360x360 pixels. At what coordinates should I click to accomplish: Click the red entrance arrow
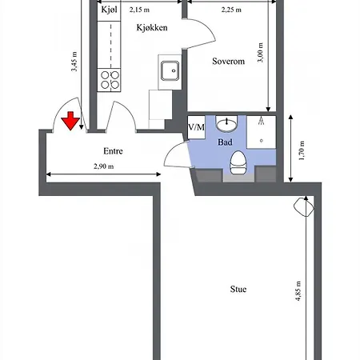[x=70, y=121]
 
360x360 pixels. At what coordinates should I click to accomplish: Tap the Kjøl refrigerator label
[x=109, y=10]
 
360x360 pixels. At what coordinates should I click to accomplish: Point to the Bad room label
[x=226, y=142]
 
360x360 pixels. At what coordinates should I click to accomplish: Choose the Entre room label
[x=113, y=150]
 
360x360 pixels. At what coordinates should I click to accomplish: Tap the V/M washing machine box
[x=196, y=127]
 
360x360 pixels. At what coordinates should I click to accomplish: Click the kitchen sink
[x=170, y=73]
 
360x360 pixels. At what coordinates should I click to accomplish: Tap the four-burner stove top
[x=110, y=79]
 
